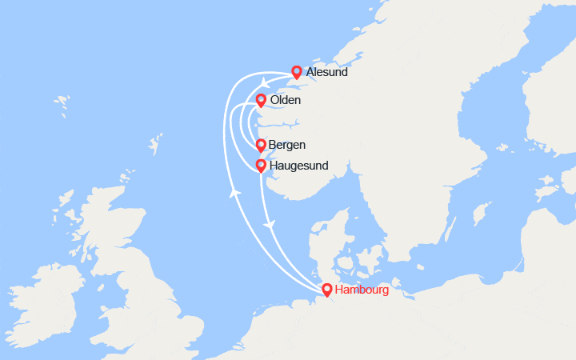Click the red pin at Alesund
296,72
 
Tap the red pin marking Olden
261,100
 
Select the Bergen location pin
261,145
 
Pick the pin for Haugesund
261,166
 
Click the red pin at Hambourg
326,290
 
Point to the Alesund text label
326,73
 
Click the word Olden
286,100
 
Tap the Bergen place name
287,145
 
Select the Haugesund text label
299,166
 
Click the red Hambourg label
362,290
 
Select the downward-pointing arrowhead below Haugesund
270,224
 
